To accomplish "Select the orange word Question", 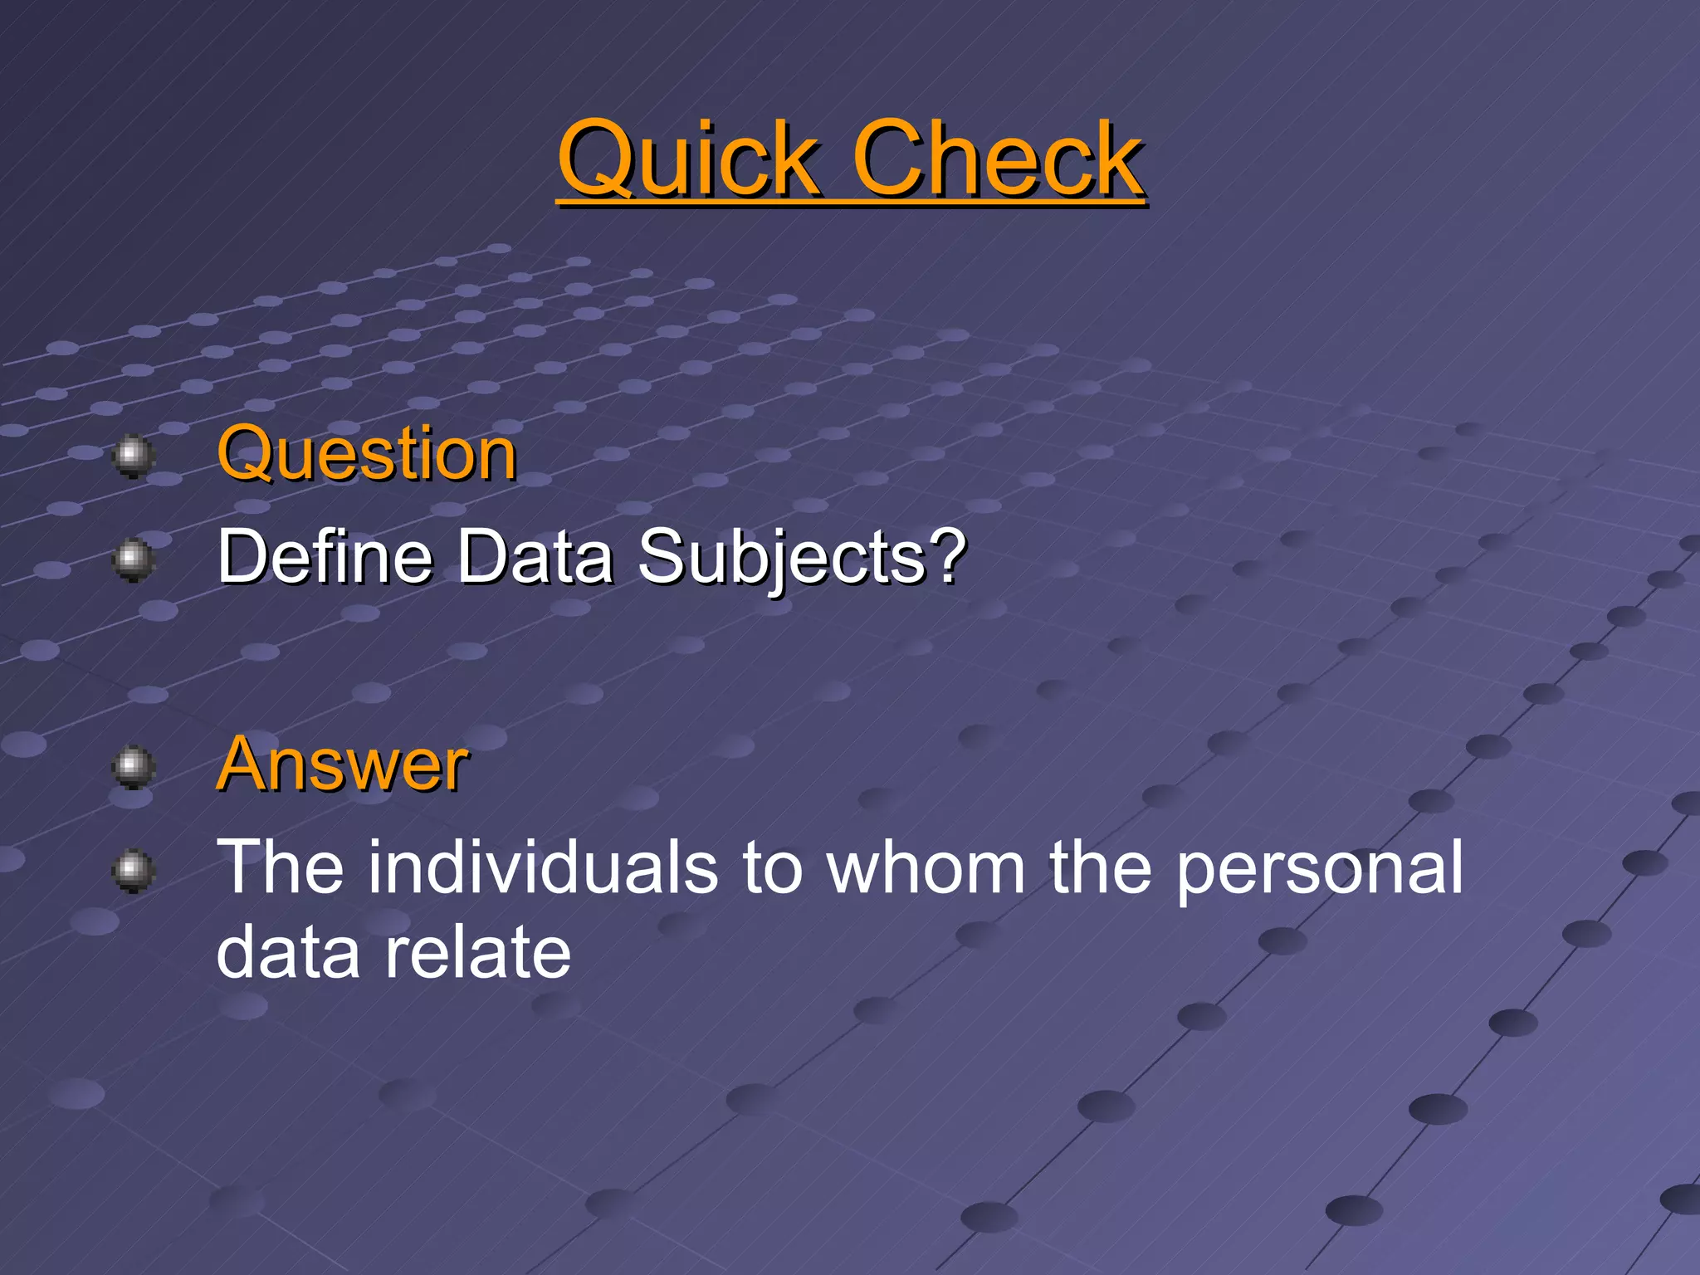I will (x=367, y=453).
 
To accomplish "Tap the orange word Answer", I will (x=342, y=764).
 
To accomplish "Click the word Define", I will (x=325, y=555).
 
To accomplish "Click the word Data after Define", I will (x=535, y=555).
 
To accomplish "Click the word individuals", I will (x=544, y=867).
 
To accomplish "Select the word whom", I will (x=926, y=867).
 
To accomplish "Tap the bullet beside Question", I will (x=133, y=456).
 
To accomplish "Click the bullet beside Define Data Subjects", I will (x=133, y=559).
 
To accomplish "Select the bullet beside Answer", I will (x=133, y=766).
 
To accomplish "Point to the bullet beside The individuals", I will (x=133, y=870).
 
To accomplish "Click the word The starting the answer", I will (x=280, y=867).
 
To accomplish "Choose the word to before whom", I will (x=772, y=868).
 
